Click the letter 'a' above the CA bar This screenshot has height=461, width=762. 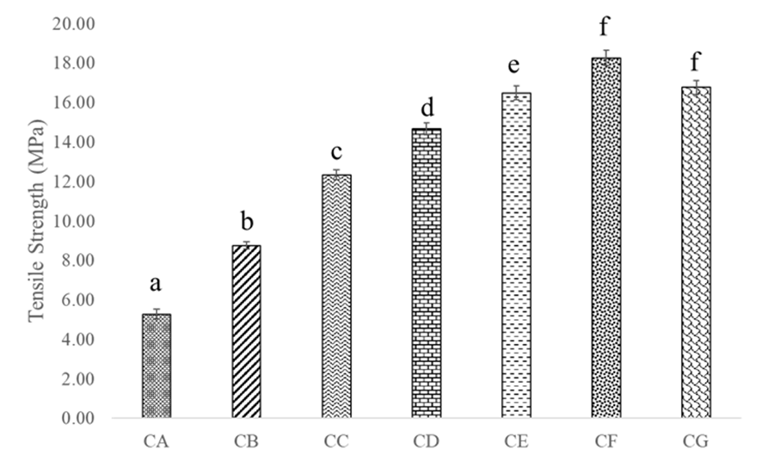157,283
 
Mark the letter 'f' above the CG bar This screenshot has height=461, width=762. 696,65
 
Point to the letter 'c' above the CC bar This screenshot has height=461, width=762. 336,153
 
